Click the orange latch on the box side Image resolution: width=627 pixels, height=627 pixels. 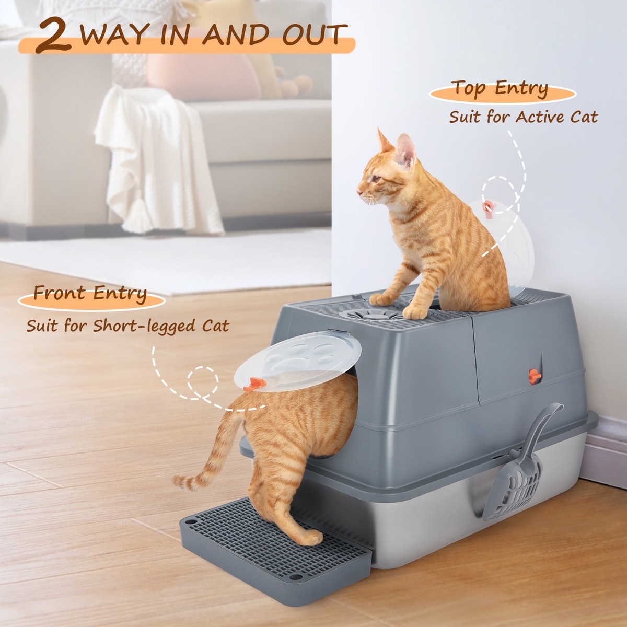[535, 376]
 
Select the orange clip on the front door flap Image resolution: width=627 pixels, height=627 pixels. [255, 384]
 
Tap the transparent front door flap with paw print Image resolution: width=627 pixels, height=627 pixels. [298, 361]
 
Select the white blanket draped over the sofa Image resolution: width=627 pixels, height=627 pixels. [156, 156]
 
